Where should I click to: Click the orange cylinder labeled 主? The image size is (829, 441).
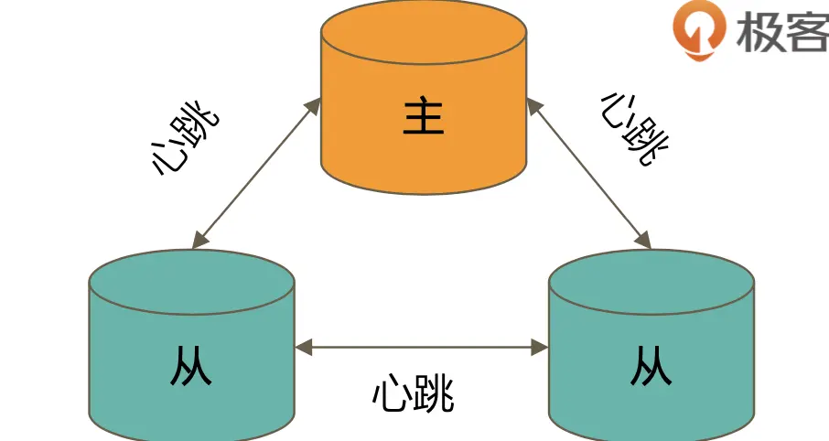[424, 137]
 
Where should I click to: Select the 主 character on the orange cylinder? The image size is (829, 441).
[424, 117]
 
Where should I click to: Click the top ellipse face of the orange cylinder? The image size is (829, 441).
[424, 34]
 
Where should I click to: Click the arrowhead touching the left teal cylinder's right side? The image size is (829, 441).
[306, 347]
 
